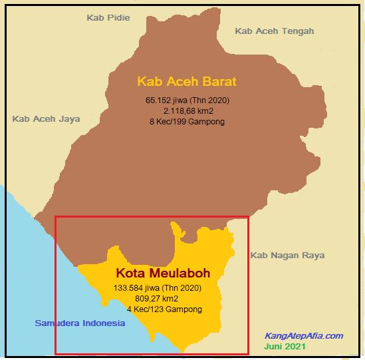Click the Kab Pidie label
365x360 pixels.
coord(108,17)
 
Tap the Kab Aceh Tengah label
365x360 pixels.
coord(275,31)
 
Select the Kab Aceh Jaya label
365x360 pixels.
coord(46,119)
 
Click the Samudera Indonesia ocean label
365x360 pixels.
coord(80,323)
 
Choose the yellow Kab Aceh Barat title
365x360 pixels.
coord(187,82)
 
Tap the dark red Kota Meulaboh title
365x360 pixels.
coord(163,273)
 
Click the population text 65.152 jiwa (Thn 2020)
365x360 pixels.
coord(187,100)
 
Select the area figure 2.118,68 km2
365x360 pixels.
coord(187,111)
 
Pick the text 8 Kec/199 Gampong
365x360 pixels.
coord(187,122)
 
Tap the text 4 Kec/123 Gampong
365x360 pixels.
coord(164,309)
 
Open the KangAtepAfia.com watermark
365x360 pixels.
coord(304,336)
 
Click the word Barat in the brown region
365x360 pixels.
coord(220,82)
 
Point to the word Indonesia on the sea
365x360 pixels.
coord(102,323)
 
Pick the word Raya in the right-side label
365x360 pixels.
coord(304,255)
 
